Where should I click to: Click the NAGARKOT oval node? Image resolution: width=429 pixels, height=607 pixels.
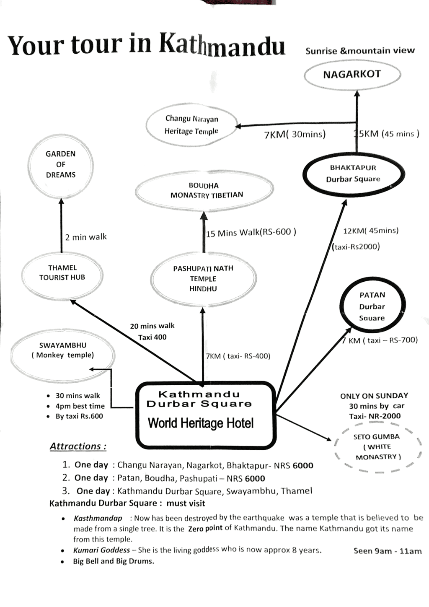(x=352, y=75)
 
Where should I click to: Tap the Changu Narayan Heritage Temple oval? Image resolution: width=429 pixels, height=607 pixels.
(x=191, y=125)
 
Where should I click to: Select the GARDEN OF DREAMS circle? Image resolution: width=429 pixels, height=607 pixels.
(x=61, y=164)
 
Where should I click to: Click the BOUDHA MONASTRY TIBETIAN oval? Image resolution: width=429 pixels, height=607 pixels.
(x=204, y=190)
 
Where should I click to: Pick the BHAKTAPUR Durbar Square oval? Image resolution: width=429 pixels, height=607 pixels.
(x=353, y=174)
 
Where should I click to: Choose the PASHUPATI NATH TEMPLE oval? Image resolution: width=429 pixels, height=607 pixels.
(x=203, y=278)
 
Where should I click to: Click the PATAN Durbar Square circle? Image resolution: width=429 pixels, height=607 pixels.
(x=372, y=306)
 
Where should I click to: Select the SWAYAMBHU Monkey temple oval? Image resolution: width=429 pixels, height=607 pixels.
(x=62, y=350)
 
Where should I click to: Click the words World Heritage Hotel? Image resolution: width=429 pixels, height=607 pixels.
(x=201, y=423)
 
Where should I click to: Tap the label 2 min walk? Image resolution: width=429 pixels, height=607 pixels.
(x=86, y=237)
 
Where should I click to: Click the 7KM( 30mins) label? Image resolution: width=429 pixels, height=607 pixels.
(x=295, y=135)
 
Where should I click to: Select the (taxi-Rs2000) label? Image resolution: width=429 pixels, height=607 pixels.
(x=356, y=246)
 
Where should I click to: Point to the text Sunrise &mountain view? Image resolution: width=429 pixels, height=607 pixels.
(x=360, y=51)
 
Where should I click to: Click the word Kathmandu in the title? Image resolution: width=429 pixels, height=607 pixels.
(x=222, y=44)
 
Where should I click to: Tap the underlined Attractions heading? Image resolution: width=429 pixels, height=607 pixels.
(x=78, y=446)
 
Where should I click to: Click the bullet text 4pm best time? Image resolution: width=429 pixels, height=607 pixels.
(x=80, y=406)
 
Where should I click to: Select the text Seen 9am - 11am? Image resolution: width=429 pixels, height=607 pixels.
(x=388, y=551)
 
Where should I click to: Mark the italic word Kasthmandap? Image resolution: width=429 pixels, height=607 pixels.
(x=98, y=518)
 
